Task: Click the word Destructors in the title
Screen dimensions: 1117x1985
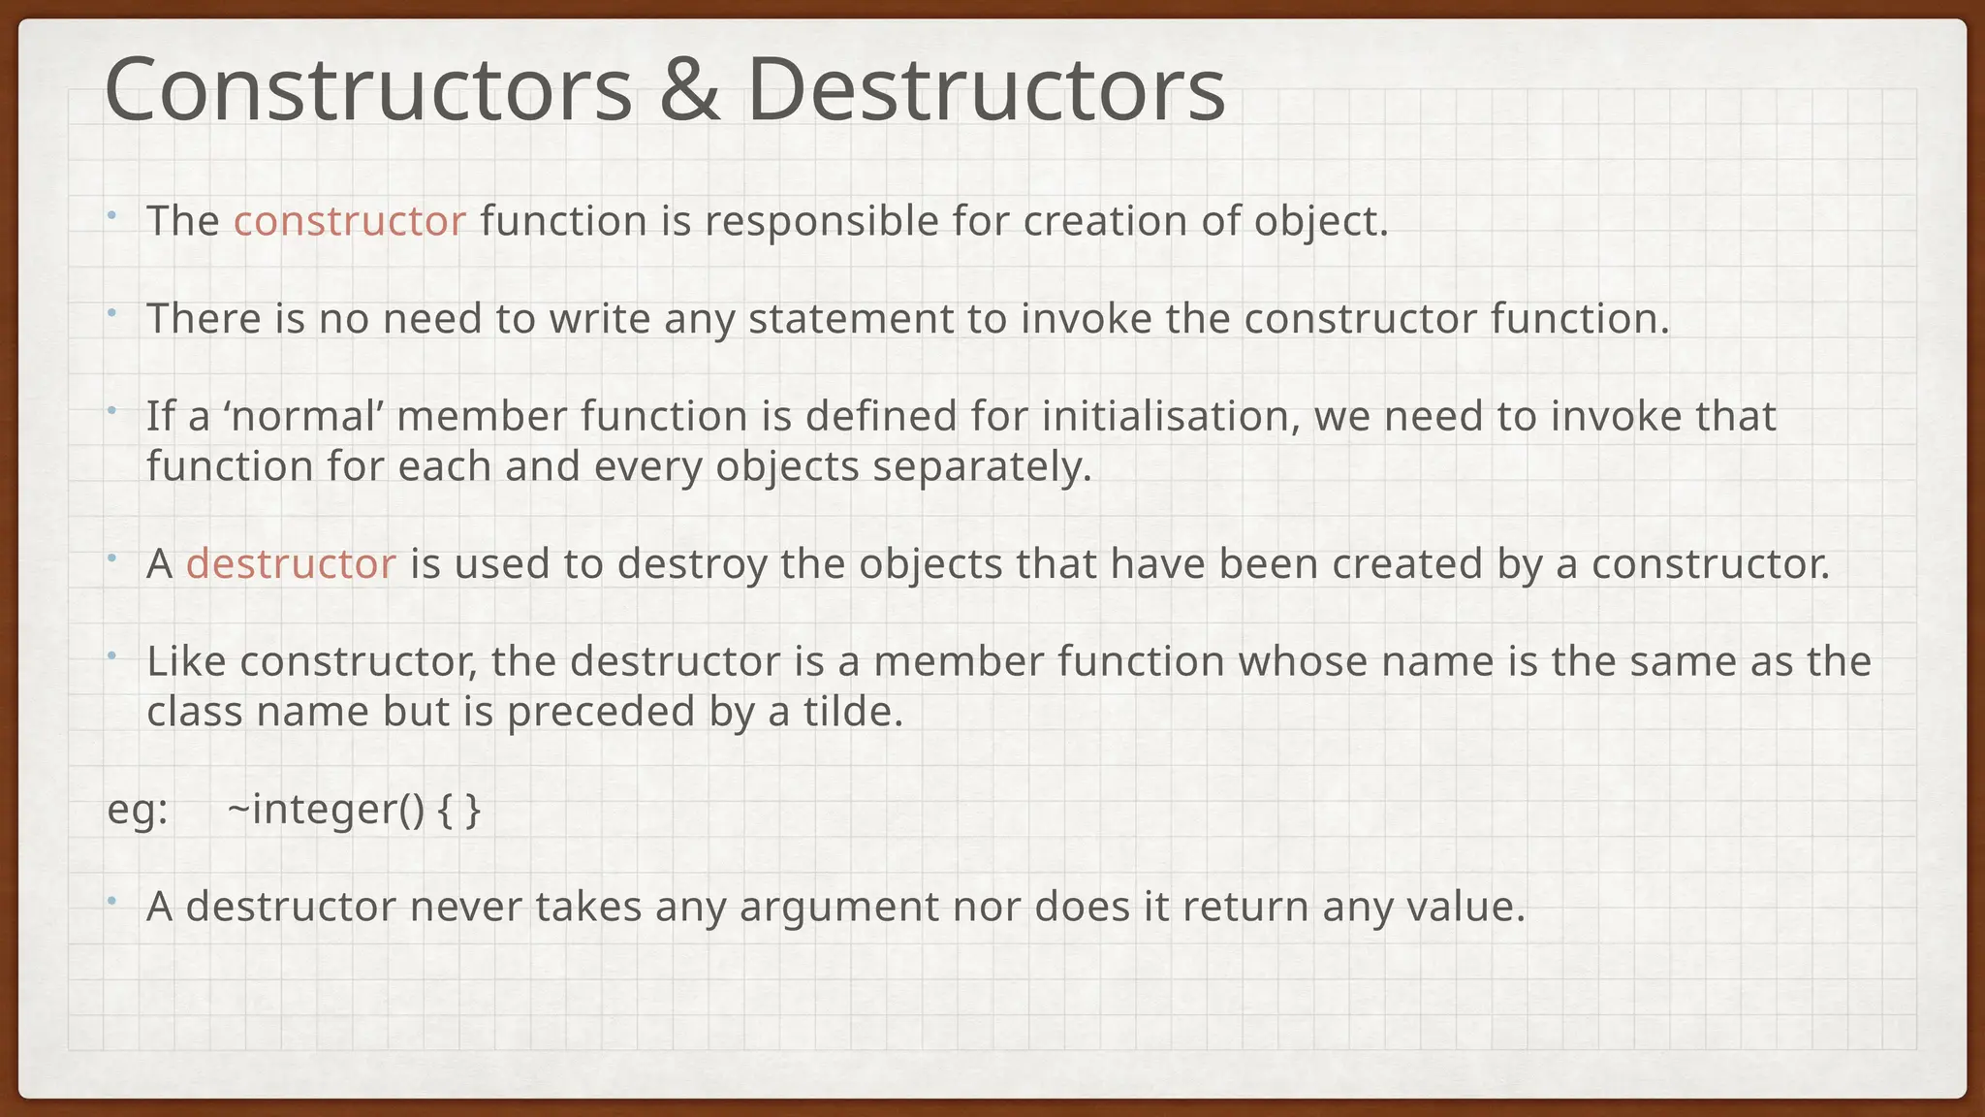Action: pos(986,90)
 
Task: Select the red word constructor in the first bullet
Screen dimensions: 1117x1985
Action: pos(349,221)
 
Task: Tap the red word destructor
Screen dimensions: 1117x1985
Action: pos(291,563)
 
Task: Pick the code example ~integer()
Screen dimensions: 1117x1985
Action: pos(326,810)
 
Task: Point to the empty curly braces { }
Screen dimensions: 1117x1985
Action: pos(458,810)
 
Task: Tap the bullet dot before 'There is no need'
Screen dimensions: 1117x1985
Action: pos(111,312)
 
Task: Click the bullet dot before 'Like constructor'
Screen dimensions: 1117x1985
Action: pos(111,655)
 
